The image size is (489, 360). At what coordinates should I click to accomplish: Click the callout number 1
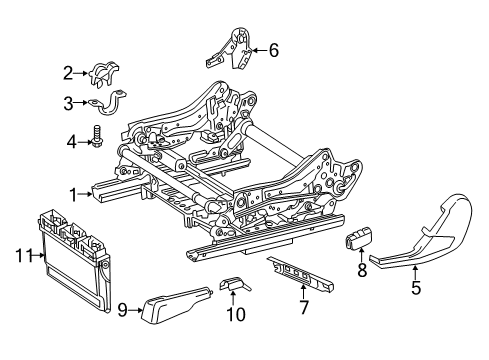(73, 195)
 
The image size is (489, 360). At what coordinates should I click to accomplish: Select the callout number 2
(68, 73)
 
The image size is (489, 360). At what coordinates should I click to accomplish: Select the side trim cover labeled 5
(427, 233)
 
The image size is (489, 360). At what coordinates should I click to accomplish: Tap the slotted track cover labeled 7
(302, 273)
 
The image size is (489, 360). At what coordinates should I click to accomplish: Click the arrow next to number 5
(416, 273)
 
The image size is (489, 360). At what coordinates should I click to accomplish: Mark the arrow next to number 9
(135, 310)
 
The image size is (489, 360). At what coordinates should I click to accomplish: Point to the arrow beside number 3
(81, 103)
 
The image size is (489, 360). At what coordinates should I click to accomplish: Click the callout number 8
(362, 270)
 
